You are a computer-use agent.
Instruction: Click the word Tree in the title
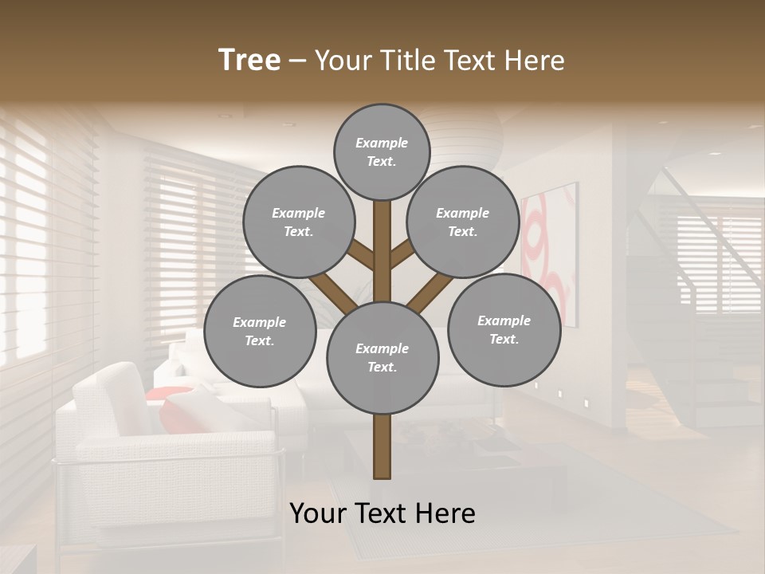[x=249, y=61]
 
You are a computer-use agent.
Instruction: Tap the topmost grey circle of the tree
[x=382, y=151]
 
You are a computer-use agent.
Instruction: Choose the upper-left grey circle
[x=298, y=222]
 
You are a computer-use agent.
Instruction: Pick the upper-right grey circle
[x=463, y=222]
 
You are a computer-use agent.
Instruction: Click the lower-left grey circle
[x=260, y=331]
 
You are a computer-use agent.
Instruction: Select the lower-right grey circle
[x=504, y=329]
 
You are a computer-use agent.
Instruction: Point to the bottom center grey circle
[x=382, y=357]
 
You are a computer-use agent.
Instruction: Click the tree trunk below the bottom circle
[x=382, y=446]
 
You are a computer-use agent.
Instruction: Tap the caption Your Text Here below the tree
[x=382, y=513]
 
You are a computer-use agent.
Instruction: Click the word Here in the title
[x=535, y=61]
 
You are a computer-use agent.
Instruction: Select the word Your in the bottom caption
[x=317, y=513]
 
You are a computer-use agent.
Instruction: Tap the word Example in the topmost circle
[x=382, y=143]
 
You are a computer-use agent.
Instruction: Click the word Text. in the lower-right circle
[x=504, y=339]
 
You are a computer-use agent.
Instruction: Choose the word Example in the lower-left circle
[x=260, y=322]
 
